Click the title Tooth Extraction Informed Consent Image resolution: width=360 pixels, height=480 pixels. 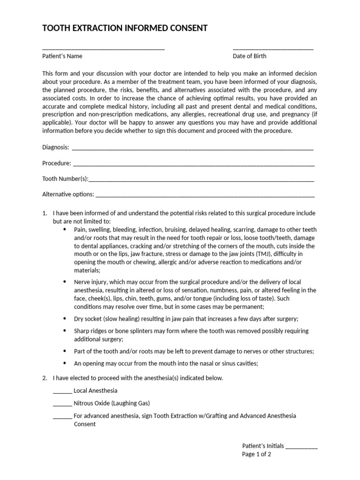[125, 29]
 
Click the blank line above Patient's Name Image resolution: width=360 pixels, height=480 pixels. [103, 49]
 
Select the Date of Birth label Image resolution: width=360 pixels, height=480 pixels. [249, 56]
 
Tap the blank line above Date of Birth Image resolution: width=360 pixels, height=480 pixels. [273, 49]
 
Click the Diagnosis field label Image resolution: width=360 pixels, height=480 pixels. [55, 147]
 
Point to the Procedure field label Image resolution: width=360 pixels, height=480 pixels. [56, 163]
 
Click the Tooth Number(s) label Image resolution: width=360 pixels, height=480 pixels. [65, 179]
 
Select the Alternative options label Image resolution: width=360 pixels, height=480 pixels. [68, 194]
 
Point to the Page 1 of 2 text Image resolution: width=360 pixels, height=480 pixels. [256, 454]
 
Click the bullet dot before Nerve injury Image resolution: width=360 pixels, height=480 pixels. [64, 282]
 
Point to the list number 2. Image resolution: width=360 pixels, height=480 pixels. [44, 378]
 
